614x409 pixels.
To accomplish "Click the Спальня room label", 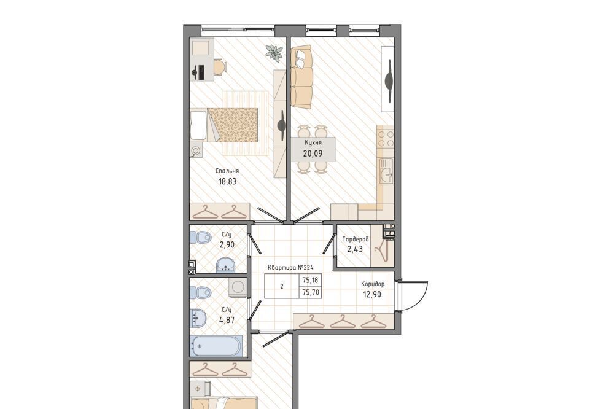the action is tap(227, 171).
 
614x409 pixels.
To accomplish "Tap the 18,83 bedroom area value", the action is tap(228, 181).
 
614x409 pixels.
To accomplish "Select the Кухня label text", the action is tap(313, 143).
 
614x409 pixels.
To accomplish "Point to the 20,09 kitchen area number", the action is tap(313, 153).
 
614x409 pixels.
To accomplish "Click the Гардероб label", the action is tap(355, 239).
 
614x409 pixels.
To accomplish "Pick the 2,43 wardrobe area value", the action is tap(355, 249).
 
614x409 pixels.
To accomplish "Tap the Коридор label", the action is tap(373, 284).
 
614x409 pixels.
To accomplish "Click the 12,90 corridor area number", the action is tap(372, 294).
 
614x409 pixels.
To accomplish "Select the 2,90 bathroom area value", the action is tap(227, 245).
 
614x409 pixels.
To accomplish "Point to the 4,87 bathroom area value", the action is tap(227, 320).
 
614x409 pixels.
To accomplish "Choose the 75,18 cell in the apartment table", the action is tap(311, 281).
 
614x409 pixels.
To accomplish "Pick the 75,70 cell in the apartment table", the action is tap(311, 292).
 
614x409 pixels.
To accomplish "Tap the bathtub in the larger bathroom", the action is tap(216, 346).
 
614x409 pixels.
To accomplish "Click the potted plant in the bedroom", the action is tap(274, 52).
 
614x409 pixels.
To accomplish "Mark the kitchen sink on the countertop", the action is tap(386, 172).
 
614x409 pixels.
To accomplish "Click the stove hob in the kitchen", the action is tap(386, 139).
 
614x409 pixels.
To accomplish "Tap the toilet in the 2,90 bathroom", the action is tap(201, 238).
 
